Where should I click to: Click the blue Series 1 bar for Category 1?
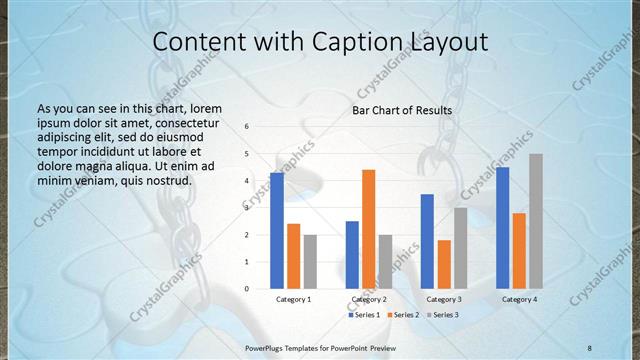(x=277, y=231)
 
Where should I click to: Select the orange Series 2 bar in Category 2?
(x=369, y=229)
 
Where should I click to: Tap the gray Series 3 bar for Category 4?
(x=536, y=221)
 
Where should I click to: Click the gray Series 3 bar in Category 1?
(x=310, y=262)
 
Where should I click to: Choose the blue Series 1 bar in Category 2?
(x=352, y=255)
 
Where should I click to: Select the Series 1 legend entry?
(x=364, y=315)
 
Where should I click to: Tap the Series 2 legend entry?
(x=405, y=315)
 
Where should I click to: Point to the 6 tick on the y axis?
(x=247, y=127)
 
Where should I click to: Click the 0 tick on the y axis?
(x=247, y=289)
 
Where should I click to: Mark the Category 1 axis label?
(x=293, y=300)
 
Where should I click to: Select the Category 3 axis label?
(x=444, y=300)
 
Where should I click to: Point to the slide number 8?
(x=589, y=346)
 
